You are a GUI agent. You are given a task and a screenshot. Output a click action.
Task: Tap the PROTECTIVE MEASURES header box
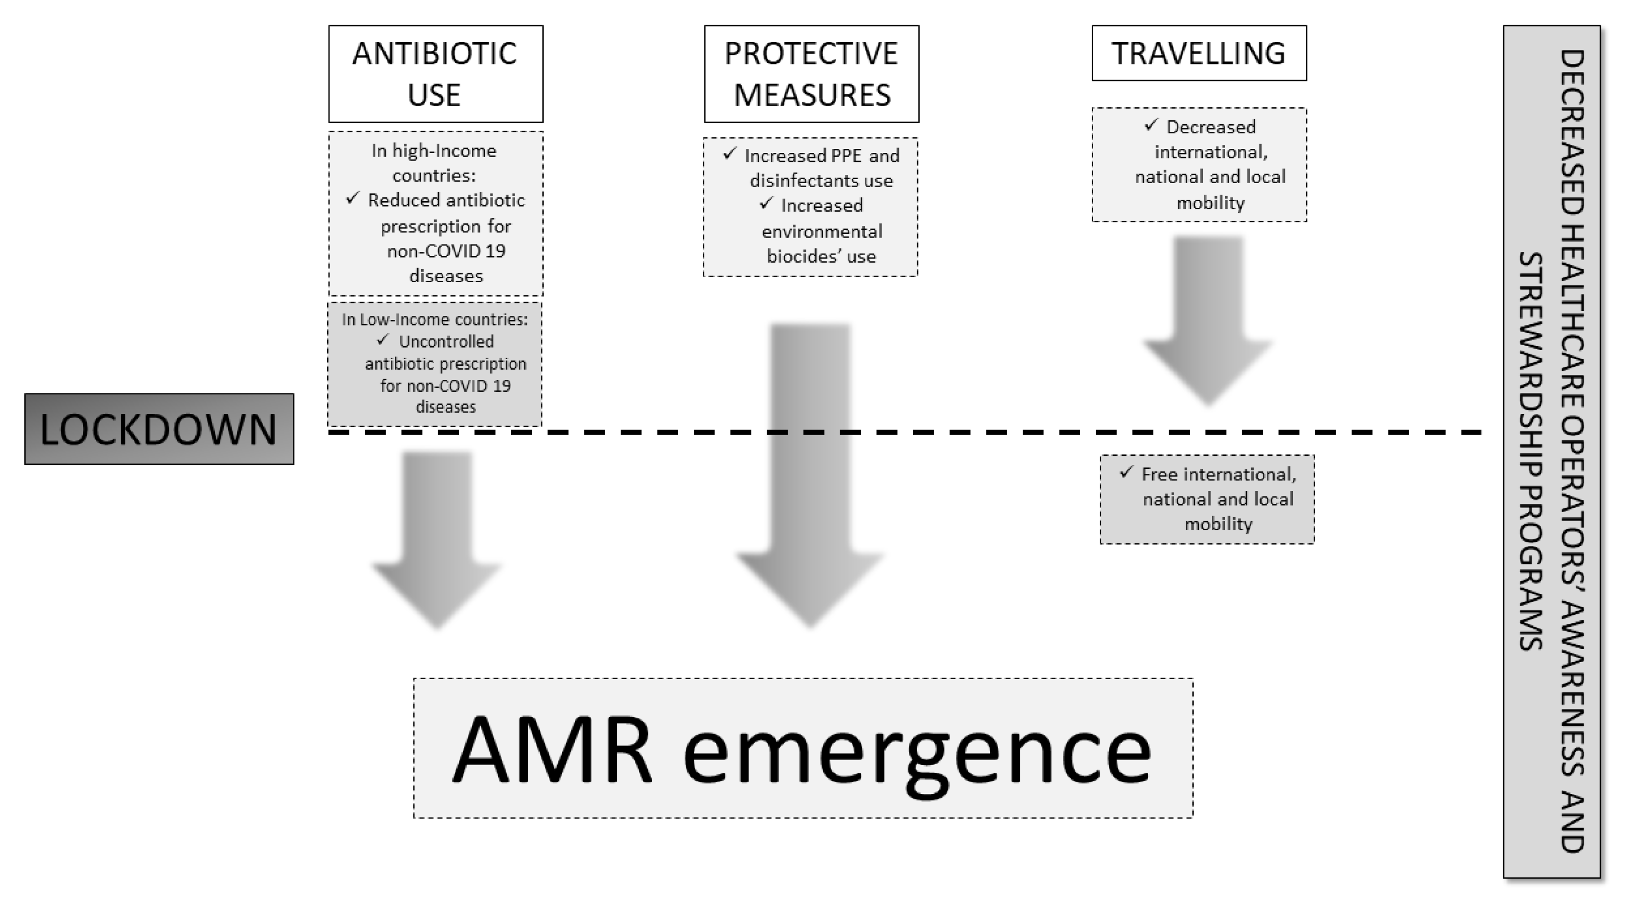point(811,74)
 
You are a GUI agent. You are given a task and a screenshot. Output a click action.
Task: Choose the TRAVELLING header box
point(1198,53)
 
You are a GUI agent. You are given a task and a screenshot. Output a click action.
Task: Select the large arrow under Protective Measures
point(810,474)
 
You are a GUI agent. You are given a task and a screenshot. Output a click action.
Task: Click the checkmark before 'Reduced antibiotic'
point(353,199)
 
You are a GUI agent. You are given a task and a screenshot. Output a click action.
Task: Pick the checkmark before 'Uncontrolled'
point(382,340)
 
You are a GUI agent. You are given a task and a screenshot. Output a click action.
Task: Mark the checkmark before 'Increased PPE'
point(729,153)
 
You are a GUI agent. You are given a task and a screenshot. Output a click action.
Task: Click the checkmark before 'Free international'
point(1126,472)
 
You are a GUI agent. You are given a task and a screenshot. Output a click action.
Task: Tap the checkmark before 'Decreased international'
point(1151,125)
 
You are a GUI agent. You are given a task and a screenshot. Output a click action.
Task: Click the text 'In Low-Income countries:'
point(434,319)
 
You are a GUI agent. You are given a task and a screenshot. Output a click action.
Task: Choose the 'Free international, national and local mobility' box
point(1206,500)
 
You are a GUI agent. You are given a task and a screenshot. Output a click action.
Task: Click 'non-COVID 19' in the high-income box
point(446,251)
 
